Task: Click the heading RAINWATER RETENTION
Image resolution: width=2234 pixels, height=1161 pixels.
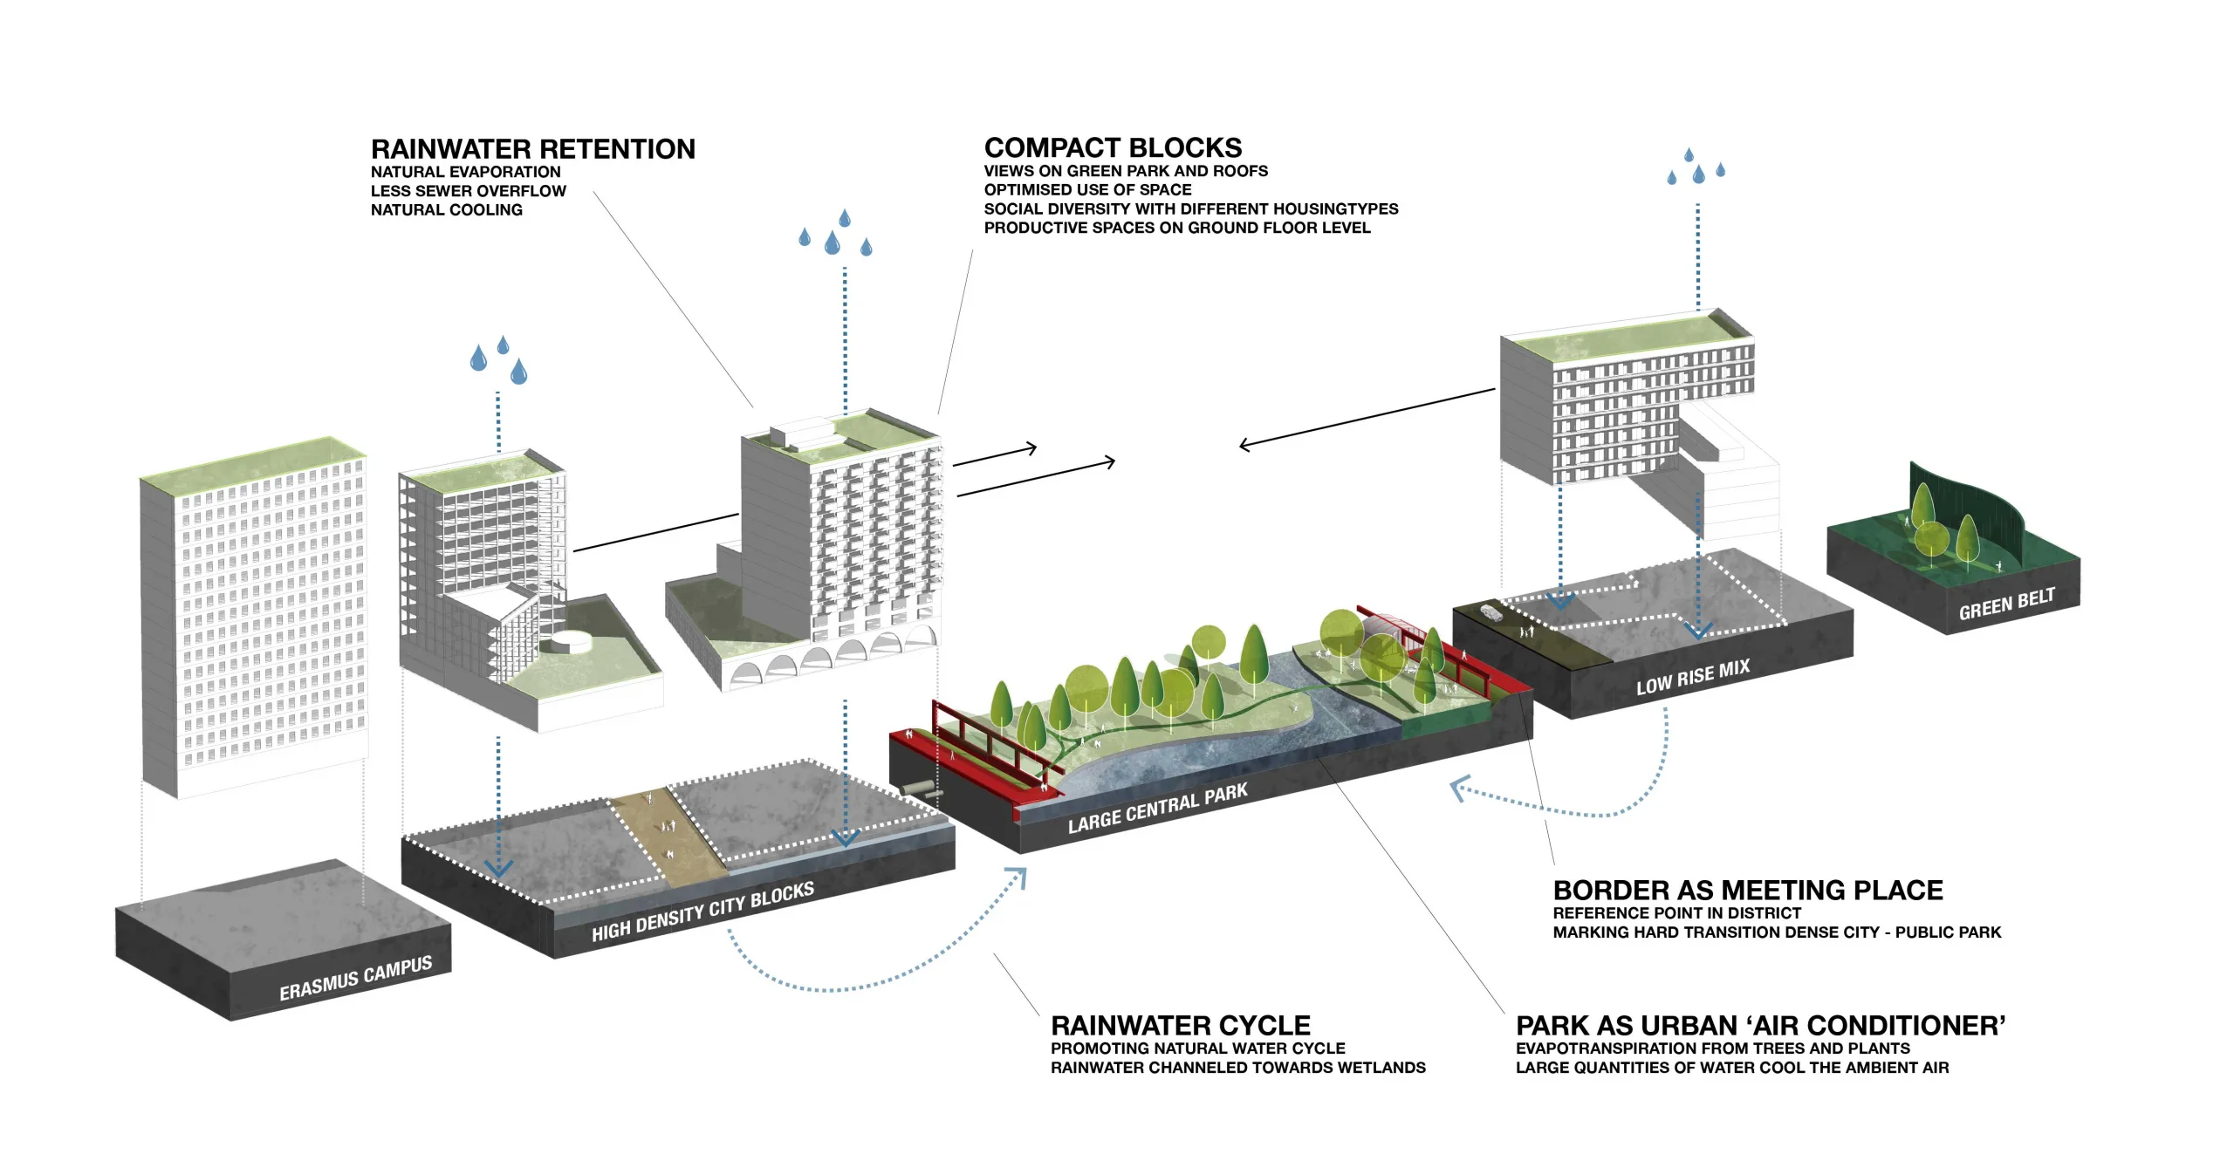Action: pyautogui.click(x=532, y=149)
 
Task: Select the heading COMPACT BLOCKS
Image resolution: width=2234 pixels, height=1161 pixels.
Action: pyautogui.click(x=1113, y=147)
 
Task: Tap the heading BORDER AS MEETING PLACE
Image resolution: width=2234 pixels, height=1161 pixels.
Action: pyautogui.click(x=1747, y=890)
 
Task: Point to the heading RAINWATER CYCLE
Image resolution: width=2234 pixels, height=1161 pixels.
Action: pyautogui.click(x=1180, y=1025)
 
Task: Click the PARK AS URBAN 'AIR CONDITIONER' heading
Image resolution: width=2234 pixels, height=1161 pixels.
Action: pyautogui.click(x=1760, y=1025)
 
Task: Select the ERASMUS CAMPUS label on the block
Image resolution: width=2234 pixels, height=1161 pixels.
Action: pyautogui.click(x=355, y=979)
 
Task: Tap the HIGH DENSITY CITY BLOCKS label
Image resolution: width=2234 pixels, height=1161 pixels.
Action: pyautogui.click(x=702, y=912)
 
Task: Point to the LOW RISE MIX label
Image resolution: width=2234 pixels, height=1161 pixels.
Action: pyautogui.click(x=1692, y=677)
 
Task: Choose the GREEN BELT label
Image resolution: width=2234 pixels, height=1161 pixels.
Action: pyautogui.click(x=2006, y=604)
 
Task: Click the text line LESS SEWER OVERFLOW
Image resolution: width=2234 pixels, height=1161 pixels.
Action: pyautogui.click(x=468, y=191)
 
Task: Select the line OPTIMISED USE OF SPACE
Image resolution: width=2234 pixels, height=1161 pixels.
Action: pyautogui.click(x=1087, y=190)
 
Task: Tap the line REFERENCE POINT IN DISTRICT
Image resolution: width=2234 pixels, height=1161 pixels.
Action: pyautogui.click(x=1676, y=913)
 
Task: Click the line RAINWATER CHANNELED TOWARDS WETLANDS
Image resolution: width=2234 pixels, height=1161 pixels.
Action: pyautogui.click(x=1237, y=1068)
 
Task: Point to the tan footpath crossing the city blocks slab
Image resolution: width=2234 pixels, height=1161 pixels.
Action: pyautogui.click(x=668, y=833)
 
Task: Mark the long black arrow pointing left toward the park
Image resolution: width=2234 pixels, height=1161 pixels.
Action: pyautogui.click(x=1366, y=419)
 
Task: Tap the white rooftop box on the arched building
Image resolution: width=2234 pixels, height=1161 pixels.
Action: pyautogui.click(x=800, y=433)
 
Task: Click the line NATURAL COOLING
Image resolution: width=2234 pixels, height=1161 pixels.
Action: pyautogui.click(x=446, y=210)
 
